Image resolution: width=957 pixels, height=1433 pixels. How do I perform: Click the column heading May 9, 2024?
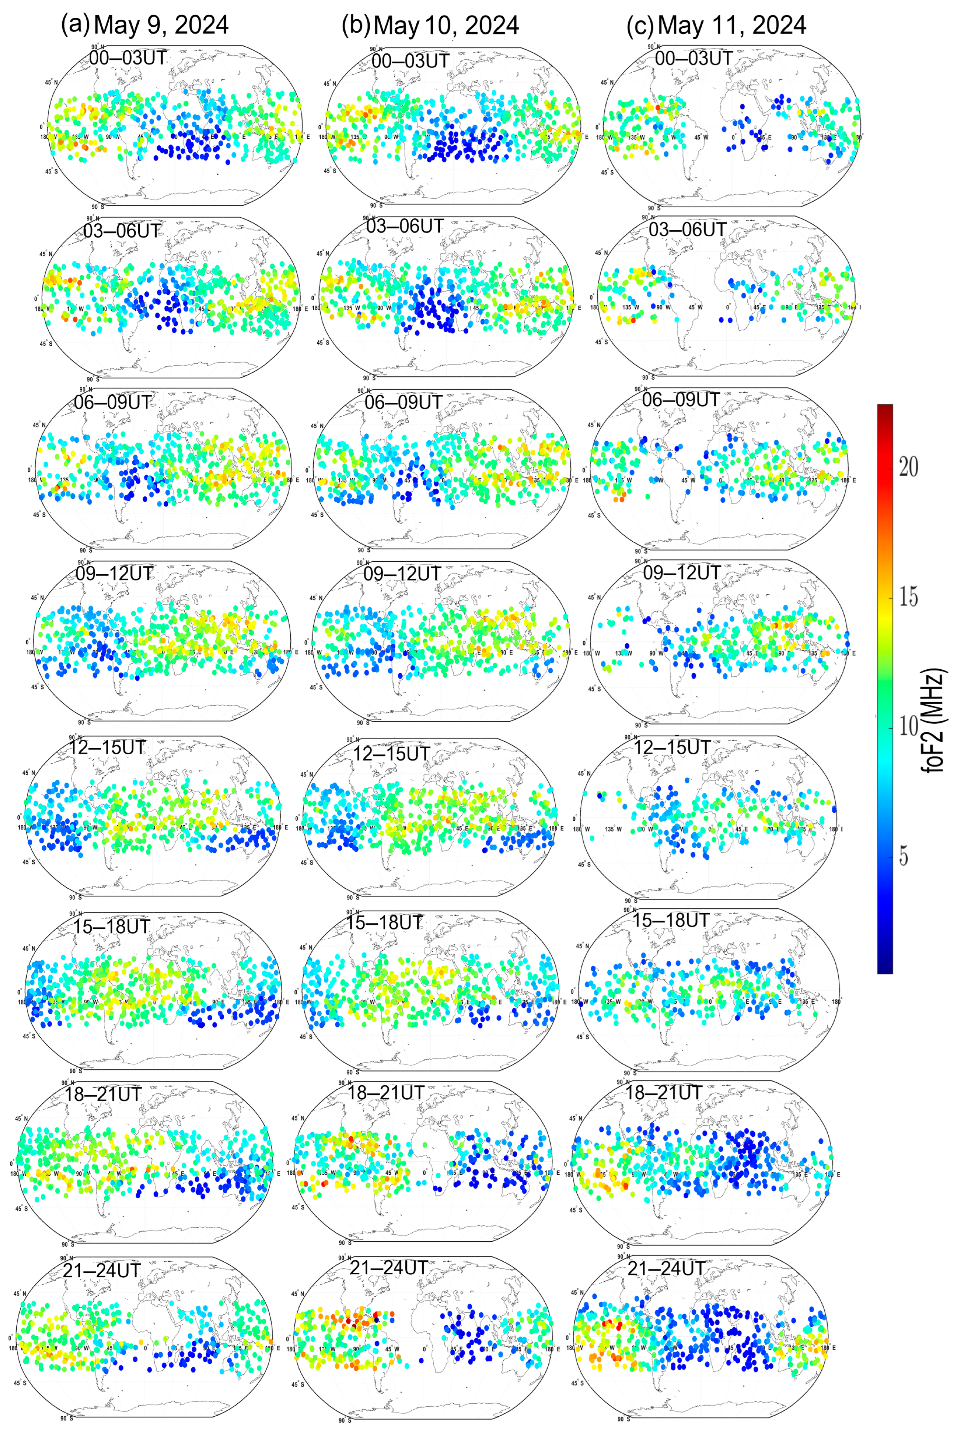[x=162, y=25]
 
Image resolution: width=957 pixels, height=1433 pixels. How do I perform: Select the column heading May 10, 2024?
[x=446, y=25]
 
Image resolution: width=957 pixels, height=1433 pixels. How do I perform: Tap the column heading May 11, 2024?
[x=732, y=25]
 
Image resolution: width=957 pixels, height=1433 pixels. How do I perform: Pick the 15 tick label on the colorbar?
[x=908, y=596]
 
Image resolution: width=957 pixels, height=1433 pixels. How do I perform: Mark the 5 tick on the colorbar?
[x=903, y=856]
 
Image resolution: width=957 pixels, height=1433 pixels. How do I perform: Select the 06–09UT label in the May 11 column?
[x=680, y=400]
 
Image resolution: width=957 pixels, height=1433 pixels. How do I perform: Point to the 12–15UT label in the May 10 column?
[x=391, y=754]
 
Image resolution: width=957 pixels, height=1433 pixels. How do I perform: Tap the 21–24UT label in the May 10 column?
[x=388, y=1268]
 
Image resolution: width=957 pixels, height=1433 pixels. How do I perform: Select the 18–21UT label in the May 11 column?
[x=664, y=1092]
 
